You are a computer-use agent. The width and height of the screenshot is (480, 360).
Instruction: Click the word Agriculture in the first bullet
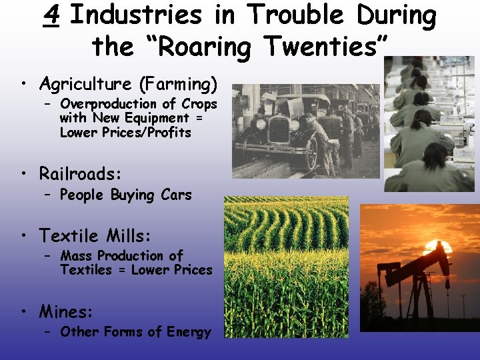tap(85, 84)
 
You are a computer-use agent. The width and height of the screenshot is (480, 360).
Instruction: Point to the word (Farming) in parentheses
tap(178, 84)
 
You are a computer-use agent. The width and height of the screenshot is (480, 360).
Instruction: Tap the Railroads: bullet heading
tap(81, 174)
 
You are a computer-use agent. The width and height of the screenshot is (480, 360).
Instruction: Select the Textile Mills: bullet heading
tap(95, 235)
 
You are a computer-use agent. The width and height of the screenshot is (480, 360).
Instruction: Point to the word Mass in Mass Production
tap(77, 256)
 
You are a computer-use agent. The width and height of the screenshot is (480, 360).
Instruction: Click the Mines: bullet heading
tap(66, 311)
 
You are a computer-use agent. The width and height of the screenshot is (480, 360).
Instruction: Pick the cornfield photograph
tap(286, 267)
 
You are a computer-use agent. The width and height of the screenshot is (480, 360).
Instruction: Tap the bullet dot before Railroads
tap(25, 175)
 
